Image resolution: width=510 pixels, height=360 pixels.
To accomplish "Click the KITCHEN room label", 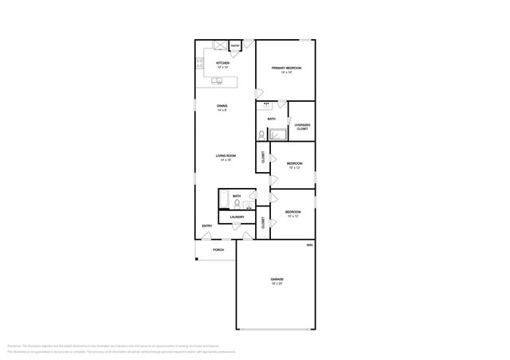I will point(222,63).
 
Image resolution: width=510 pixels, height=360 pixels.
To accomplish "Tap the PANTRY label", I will point(236,46).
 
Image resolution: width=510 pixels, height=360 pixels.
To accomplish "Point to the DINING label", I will point(222,107).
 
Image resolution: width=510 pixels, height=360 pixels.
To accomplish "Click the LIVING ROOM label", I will point(225,157).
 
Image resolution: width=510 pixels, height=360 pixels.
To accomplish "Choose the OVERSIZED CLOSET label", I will point(302,126).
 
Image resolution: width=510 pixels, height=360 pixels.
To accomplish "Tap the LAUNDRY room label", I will point(237,217).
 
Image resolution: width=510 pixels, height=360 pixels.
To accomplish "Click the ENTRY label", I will point(206,226).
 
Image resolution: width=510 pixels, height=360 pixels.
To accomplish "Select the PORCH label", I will point(218,250).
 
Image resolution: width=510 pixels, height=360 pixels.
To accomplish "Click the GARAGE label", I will point(277,280).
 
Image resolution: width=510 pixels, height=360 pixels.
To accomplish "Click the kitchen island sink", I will point(220,80).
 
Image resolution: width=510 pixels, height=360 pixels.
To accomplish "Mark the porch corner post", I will point(196,259).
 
